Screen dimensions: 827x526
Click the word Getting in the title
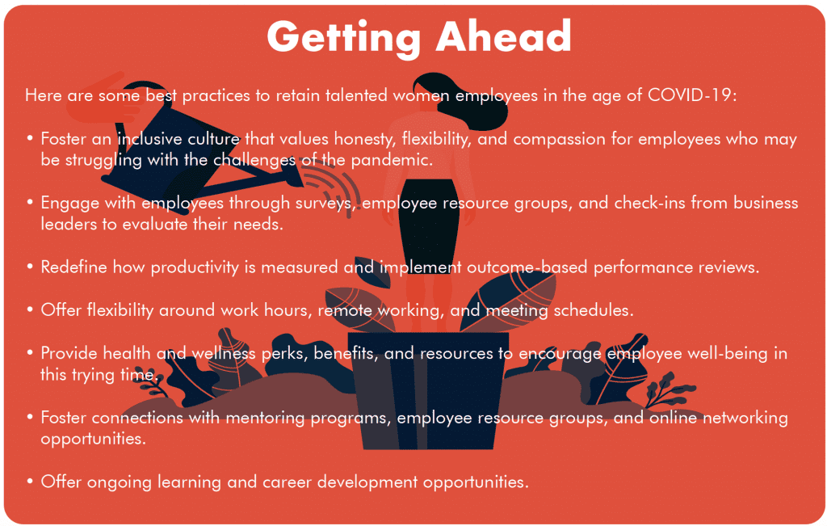[343, 37]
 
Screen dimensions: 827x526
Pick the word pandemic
[391, 160]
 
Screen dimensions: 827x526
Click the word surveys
[325, 203]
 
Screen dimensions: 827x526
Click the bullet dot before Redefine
[30, 267]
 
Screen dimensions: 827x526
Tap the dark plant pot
[428, 390]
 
